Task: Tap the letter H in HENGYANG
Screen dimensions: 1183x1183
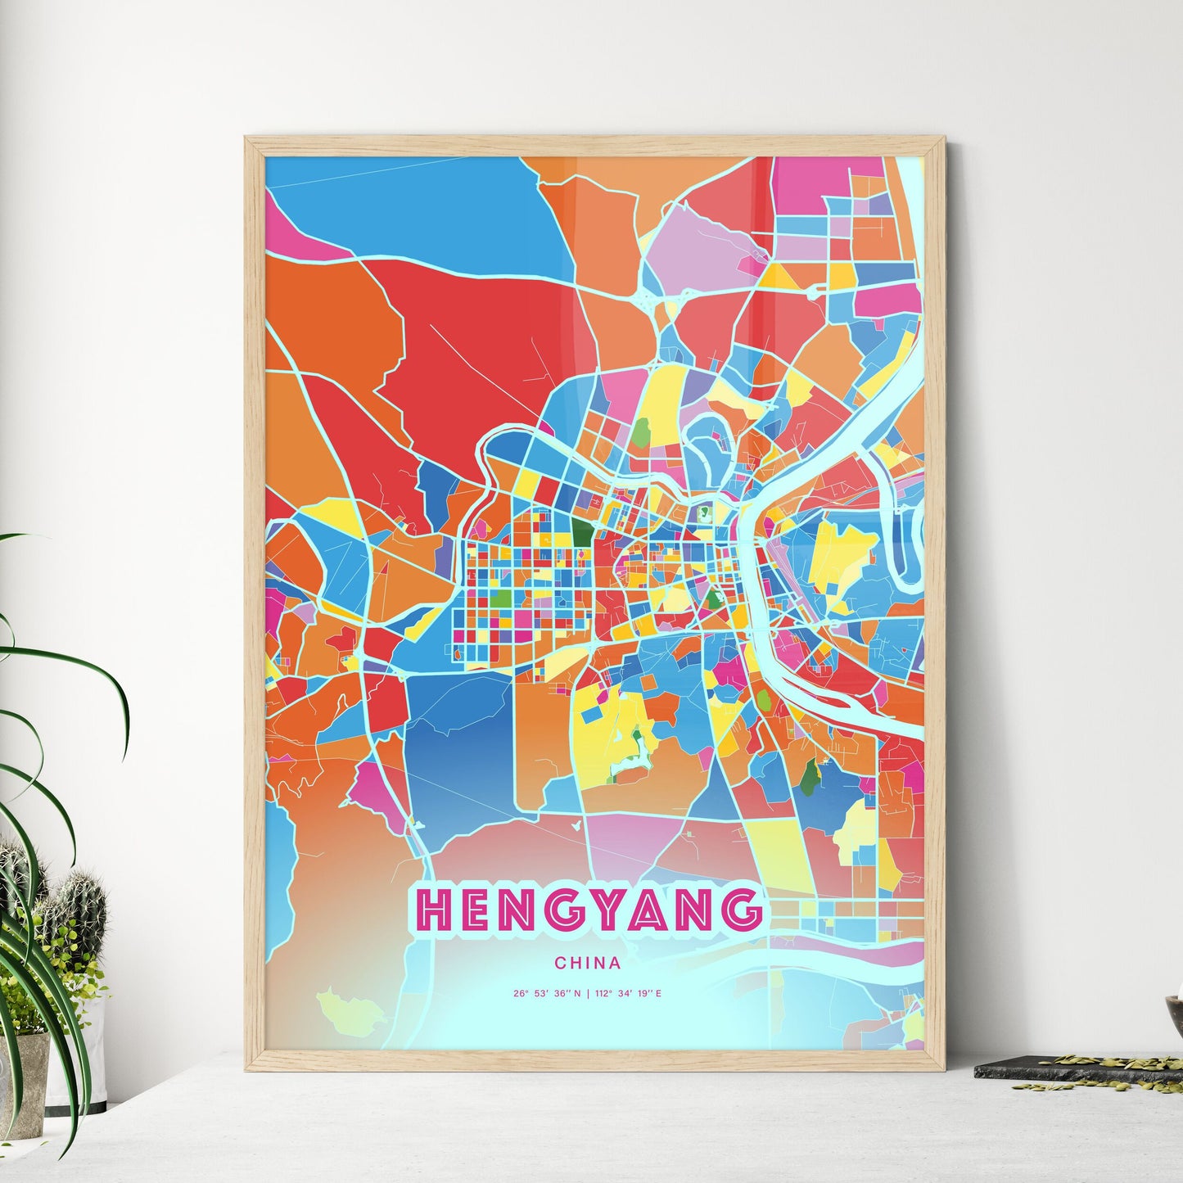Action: (x=434, y=909)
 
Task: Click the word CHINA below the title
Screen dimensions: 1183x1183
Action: (x=587, y=964)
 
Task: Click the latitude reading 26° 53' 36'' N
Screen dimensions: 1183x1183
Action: (x=547, y=994)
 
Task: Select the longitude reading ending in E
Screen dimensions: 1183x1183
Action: (x=630, y=994)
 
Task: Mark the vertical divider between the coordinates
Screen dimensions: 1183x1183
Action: (x=589, y=994)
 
